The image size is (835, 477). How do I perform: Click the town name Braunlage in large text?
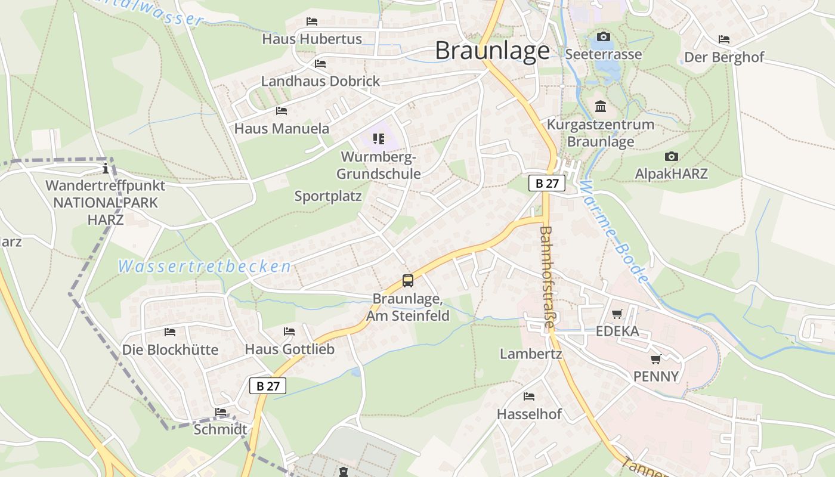coord(492,51)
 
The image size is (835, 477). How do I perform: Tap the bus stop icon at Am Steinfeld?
coord(408,280)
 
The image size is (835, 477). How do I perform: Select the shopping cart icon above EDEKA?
coord(617,314)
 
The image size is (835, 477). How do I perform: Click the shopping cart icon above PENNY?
coord(656,359)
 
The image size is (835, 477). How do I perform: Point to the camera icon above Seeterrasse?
coord(604,37)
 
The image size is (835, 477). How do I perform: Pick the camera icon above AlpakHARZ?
coord(671,157)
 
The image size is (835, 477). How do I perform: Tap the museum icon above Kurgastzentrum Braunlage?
coord(601,107)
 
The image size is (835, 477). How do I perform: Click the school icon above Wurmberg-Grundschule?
coord(379,139)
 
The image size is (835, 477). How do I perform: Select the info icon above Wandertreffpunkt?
coord(106,168)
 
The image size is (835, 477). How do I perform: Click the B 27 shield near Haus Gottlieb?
coord(268,386)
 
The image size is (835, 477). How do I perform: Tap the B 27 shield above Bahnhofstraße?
coord(547,183)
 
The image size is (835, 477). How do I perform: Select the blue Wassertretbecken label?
coord(205,267)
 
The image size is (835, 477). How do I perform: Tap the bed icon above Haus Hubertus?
coord(312,21)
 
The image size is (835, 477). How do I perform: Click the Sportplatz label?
coord(328,196)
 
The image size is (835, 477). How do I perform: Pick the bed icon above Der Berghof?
coord(724,39)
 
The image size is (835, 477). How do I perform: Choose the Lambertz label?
coord(531,354)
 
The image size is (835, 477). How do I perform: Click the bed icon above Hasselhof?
coord(529,396)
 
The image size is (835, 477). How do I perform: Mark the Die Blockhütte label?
coord(171,349)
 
